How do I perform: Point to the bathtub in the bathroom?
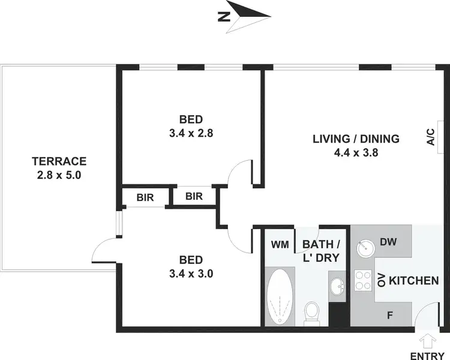(x=279, y=296)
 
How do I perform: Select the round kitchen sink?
(x=364, y=246)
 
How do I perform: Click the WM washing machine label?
(x=279, y=245)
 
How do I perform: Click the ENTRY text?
(x=427, y=354)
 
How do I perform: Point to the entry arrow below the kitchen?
(x=427, y=339)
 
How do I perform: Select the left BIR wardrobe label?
(x=144, y=196)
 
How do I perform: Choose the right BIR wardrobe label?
(x=194, y=196)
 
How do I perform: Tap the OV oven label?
(x=380, y=280)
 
